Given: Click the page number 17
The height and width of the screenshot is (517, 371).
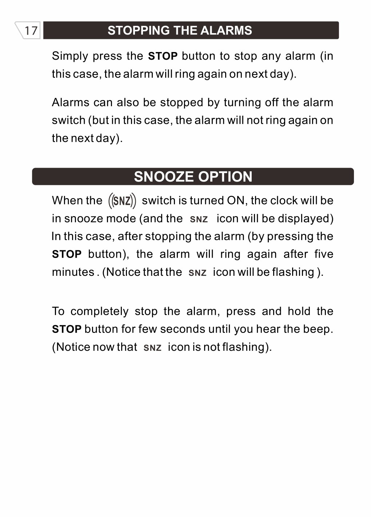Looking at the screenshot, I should tap(31, 31).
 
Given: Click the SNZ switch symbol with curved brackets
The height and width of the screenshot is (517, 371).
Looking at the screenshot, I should tap(122, 201).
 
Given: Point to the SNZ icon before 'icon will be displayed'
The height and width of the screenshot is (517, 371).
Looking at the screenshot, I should tap(199, 219).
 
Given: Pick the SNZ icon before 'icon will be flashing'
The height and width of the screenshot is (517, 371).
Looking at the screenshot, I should tap(198, 273).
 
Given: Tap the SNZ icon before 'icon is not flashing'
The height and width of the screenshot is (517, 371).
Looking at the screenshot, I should tap(152, 348).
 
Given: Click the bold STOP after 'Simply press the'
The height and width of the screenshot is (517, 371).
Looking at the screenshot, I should tap(163, 56).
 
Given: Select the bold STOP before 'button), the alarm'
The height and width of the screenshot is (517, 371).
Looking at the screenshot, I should tap(67, 254).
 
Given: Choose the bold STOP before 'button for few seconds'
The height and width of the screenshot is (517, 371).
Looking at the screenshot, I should tap(67, 329).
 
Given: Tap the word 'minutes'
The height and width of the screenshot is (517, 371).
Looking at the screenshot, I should tap(73, 272).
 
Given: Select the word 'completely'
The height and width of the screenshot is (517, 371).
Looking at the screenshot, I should tap(99, 311).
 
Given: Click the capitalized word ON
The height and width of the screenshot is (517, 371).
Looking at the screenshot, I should tap(236, 200).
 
